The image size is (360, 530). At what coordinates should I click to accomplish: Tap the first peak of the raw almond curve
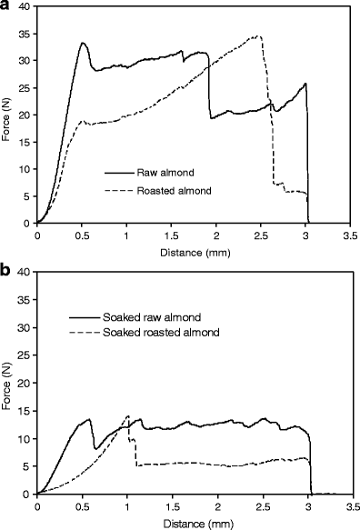[x=83, y=43]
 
